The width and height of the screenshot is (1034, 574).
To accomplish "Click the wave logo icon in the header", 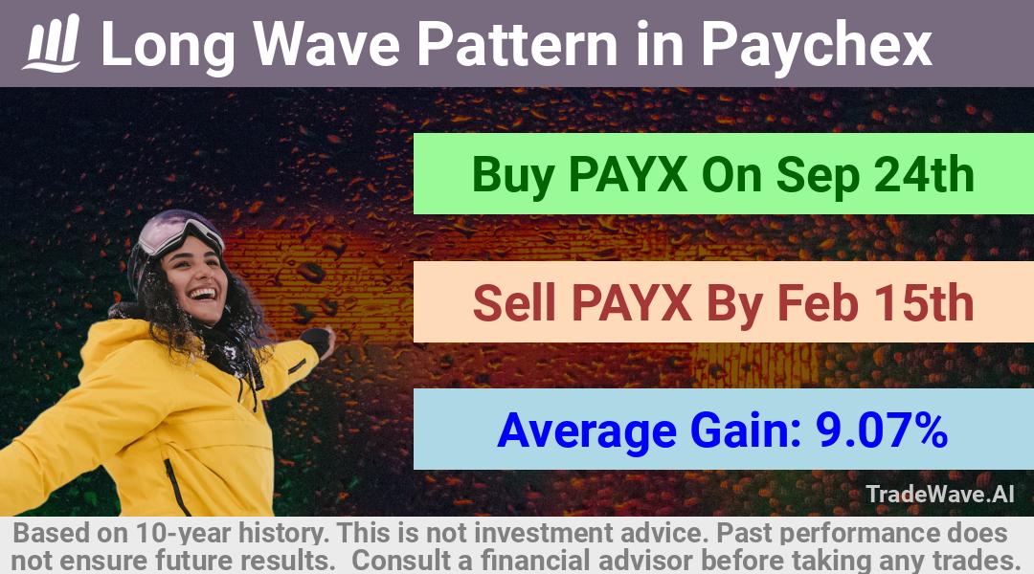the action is pos(52,43).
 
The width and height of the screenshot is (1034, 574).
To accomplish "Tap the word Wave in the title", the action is pos(326,43).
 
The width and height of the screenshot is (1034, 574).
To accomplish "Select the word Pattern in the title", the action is pos(518,43).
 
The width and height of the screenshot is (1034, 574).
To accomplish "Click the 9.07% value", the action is pos(882,430).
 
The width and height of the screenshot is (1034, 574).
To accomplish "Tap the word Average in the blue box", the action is pos(587,432).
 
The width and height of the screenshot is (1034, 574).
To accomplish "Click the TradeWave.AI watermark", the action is pos(940,495).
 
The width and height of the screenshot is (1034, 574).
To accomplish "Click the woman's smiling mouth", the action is pos(202,294).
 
